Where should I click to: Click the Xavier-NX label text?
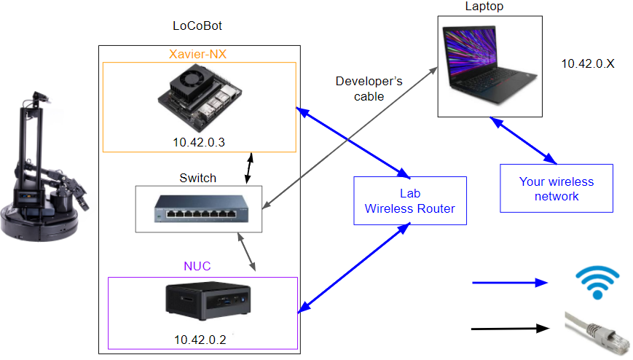click(x=199, y=54)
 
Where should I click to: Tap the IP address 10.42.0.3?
click(x=199, y=142)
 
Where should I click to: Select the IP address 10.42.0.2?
click(x=200, y=339)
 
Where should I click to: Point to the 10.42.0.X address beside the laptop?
click(x=588, y=64)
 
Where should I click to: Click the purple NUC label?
click(x=197, y=267)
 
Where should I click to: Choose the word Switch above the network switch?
click(x=198, y=178)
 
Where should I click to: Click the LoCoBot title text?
click(x=197, y=26)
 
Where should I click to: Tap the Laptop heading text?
click(x=484, y=7)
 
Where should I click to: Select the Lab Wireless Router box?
click(x=409, y=201)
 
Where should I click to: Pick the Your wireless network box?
click(x=556, y=189)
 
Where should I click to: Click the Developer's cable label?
click(x=369, y=88)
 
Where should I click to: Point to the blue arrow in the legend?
click(x=509, y=282)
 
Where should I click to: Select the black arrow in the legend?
click(x=509, y=328)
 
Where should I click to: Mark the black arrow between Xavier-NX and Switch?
click(x=251, y=168)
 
